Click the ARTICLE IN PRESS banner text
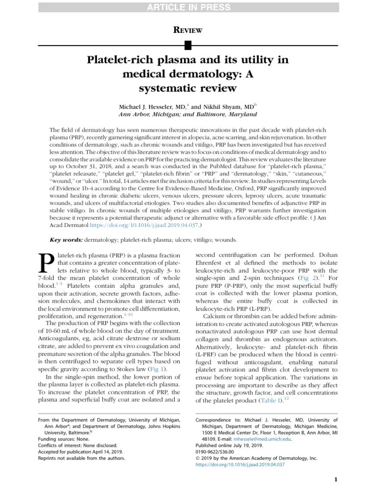(188, 6)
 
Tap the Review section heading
(188, 30)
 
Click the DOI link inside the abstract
(148, 225)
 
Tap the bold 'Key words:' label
(67, 240)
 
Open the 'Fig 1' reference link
(157, 369)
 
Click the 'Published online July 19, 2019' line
(229, 446)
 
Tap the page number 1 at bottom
(336, 479)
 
